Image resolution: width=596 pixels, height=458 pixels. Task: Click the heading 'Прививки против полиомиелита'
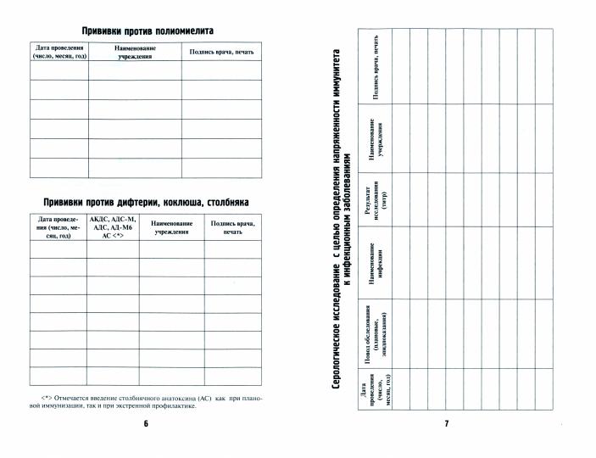coord(147,31)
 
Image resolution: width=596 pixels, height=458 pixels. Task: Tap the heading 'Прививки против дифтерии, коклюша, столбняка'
coord(146,202)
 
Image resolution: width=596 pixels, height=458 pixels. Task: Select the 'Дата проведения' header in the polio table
coord(59,52)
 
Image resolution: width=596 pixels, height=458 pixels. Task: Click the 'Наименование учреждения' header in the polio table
coord(135,52)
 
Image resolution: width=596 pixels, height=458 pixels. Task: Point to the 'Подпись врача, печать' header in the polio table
coord(222,53)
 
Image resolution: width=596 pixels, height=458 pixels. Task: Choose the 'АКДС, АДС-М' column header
coord(113,228)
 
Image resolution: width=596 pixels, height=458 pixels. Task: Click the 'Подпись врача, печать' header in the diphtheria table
coord(233,228)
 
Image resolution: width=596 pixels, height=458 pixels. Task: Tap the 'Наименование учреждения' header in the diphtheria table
coord(172,228)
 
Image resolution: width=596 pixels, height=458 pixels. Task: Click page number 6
coord(146,423)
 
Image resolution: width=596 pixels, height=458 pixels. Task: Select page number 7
coord(447,423)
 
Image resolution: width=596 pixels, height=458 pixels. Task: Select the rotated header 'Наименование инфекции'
coord(376,262)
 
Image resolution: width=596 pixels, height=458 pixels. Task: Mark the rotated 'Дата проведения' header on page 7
coord(376,390)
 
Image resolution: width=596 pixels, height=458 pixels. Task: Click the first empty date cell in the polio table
coord(59,70)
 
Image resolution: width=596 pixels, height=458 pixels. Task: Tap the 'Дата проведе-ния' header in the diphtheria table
coord(59,228)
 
